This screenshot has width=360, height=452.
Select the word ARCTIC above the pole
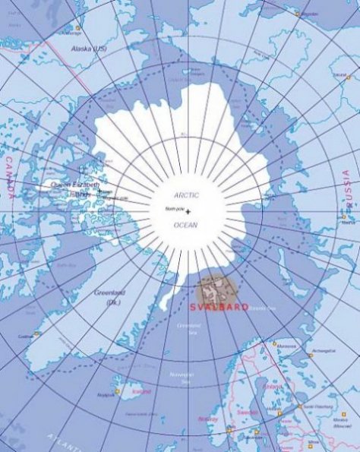coord(187,195)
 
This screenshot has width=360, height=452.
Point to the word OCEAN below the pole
coord(186,225)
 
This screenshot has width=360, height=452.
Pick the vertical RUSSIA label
coord(346,190)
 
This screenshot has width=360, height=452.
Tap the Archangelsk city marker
coord(310,354)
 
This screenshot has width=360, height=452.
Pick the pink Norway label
coord(207,419)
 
